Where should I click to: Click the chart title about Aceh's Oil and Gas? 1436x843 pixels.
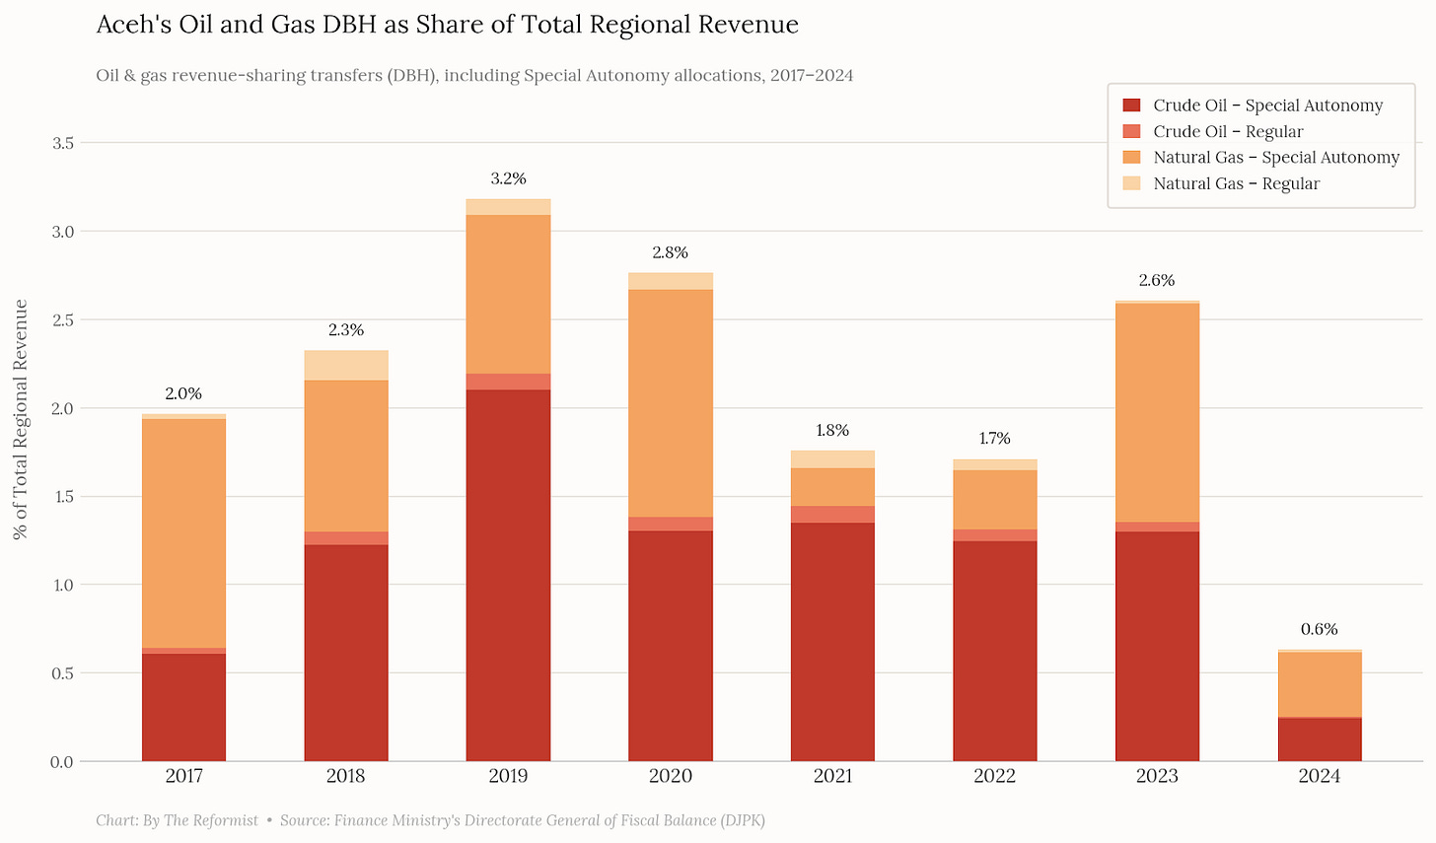pyautogui.click(x=447, y=25)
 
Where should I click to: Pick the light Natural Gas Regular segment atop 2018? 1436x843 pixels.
pyautogui.click(x=346, y=365)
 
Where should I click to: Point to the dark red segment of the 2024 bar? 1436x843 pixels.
pyautogui.click(x=1319, y=739)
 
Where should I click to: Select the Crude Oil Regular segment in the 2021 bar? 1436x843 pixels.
pyautogui.click(x=832, y=515)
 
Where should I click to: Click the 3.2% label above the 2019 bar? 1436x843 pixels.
pyautogui.click(x=508, y=178)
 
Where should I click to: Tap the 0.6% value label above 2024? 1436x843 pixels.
pyautogui.click(x=1319, y=629)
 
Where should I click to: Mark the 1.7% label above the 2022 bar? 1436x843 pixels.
pyautogui.click(x=994, y=438)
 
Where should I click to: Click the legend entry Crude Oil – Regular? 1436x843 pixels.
pyautogui.click(x=1228, y=131)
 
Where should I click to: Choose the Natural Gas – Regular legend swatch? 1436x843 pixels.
pyautogui.click(x=1131, y=183)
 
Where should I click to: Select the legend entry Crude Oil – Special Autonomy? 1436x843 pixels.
pyautogui.click(x=1267, y=105)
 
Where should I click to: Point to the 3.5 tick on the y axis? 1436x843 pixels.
pyautogui.click(x=63, y=143)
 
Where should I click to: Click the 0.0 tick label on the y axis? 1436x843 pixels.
pyautogui.click(x=63, y=761)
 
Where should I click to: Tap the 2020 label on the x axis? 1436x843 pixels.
pyautogui.click(x=671, y=776)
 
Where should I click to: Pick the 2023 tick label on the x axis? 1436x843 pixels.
pyautogui.click(x=1157, y=776)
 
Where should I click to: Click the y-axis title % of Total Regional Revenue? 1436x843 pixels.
pyautogui.click(x=20, y=419)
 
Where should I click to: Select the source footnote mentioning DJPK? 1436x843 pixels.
pyautogui.click(x=522, y=820)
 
